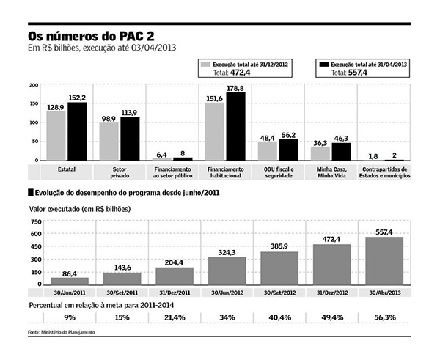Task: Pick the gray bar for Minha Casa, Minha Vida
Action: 320,153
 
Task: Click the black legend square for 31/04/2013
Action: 323,65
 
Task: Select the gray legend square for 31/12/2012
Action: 210,65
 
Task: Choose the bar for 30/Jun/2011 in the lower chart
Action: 70,281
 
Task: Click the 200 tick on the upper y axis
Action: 34,86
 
